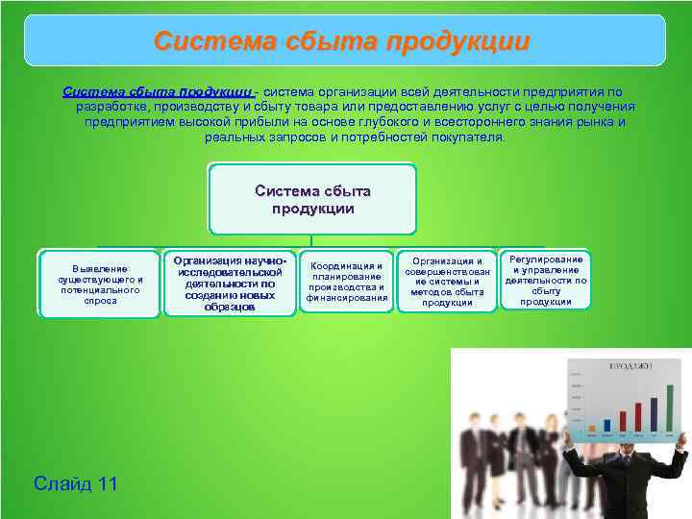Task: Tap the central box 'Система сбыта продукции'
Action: point(312,199)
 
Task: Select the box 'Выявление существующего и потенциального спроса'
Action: point(100,284)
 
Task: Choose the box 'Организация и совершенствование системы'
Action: point(447,282)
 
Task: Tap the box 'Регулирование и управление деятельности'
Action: point(546,281)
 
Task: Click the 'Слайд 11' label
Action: point(75,483)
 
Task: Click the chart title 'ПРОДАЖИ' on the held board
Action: point(630,366)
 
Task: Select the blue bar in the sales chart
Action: point(606,426)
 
